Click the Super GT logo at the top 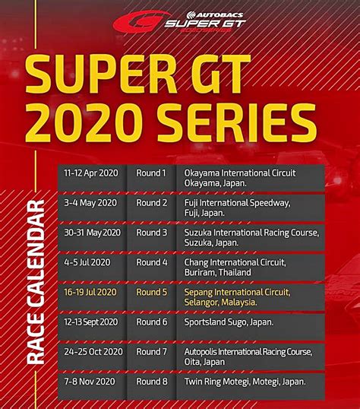click(179, 21)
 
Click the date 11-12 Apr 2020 click(90, 173)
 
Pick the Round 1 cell click(151, 173)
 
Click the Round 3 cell click(151, 232)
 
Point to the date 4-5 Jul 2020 click(88, 262)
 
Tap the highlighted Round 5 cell click(151, 291)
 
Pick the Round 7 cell click(151, 351)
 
